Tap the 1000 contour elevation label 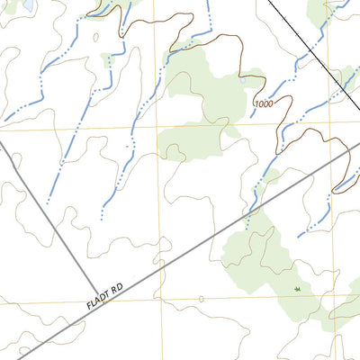click(264, 104)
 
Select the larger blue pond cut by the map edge click(27, 4)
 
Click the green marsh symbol click(297, 289)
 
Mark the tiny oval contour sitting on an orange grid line click(202, 299)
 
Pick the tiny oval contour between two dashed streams click(94, 39)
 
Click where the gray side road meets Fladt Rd click(101, 302)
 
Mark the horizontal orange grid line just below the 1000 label click(225, 128)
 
